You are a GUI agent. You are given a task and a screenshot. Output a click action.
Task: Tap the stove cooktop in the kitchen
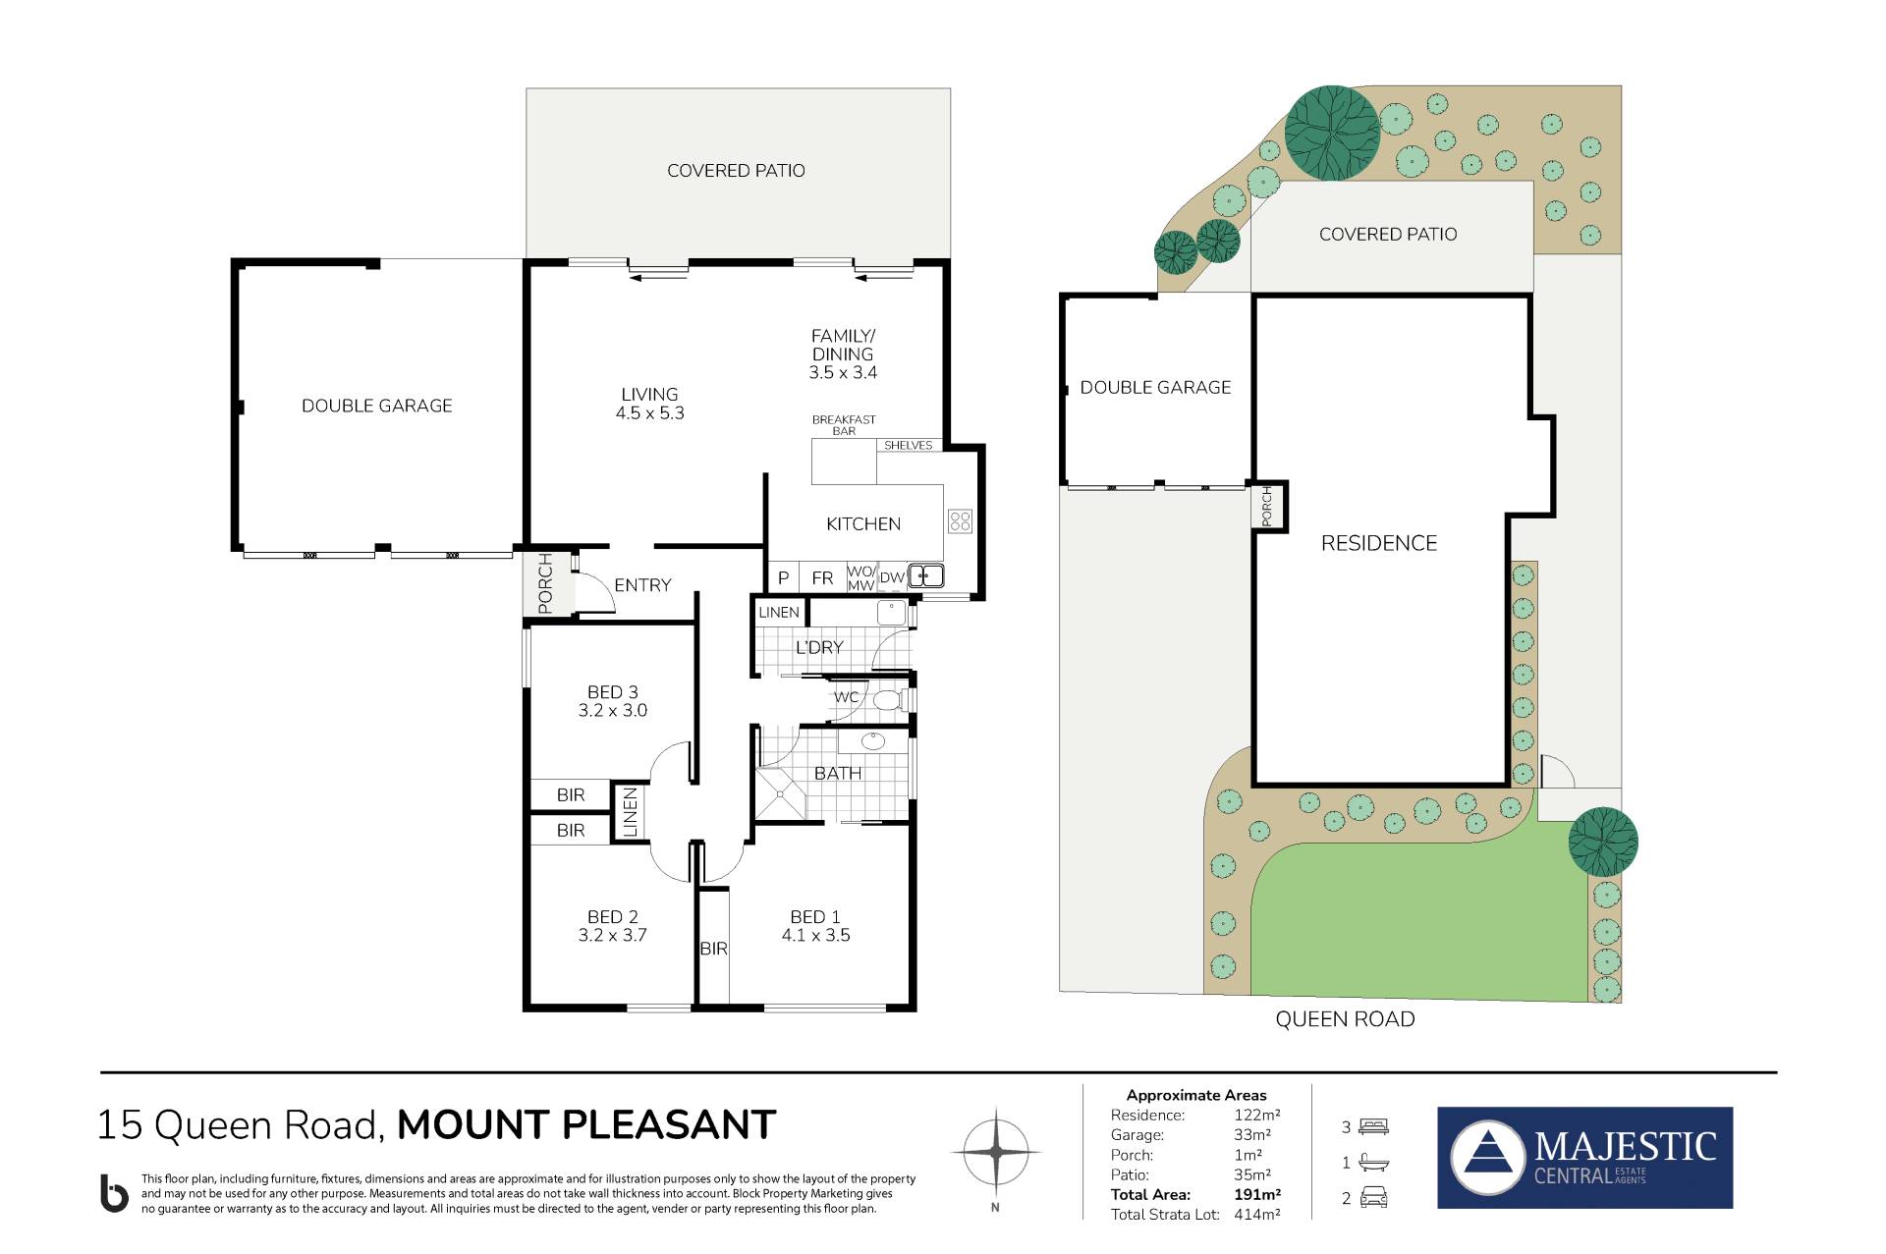(x=960, y=520)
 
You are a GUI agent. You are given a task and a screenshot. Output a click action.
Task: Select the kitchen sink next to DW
(x=925, y=576)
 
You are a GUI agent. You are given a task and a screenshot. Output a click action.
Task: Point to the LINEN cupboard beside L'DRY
(x=779, y=612)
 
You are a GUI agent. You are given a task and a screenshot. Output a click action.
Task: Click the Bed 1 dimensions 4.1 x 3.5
(x=815, y=936)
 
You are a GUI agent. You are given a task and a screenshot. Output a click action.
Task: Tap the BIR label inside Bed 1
(x=714, y=949)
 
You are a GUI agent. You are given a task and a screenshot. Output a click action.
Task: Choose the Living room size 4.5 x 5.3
(x=649, y=413)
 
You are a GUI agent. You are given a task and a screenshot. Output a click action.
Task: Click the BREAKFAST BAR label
(x=844, y=425)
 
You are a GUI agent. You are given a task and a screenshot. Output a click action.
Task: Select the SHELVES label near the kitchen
(x=908, y=445)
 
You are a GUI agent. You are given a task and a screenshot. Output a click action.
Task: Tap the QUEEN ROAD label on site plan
(x=1345, y=1019)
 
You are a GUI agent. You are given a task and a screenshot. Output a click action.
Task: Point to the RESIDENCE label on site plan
(x=1378, y=543)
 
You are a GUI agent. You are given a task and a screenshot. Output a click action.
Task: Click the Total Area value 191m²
(x=1257, y=1194)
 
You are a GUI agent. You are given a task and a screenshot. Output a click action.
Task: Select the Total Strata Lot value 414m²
(x=1257, y=1215)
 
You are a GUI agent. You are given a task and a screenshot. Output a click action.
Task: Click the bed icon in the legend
(x=1373, y=1126)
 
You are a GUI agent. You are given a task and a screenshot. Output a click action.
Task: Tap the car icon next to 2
(x=1373, y=1198)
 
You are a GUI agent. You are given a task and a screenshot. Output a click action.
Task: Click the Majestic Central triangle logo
(x=1488, y=1158)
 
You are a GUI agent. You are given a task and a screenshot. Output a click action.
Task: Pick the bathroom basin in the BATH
(x=873, y=741)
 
